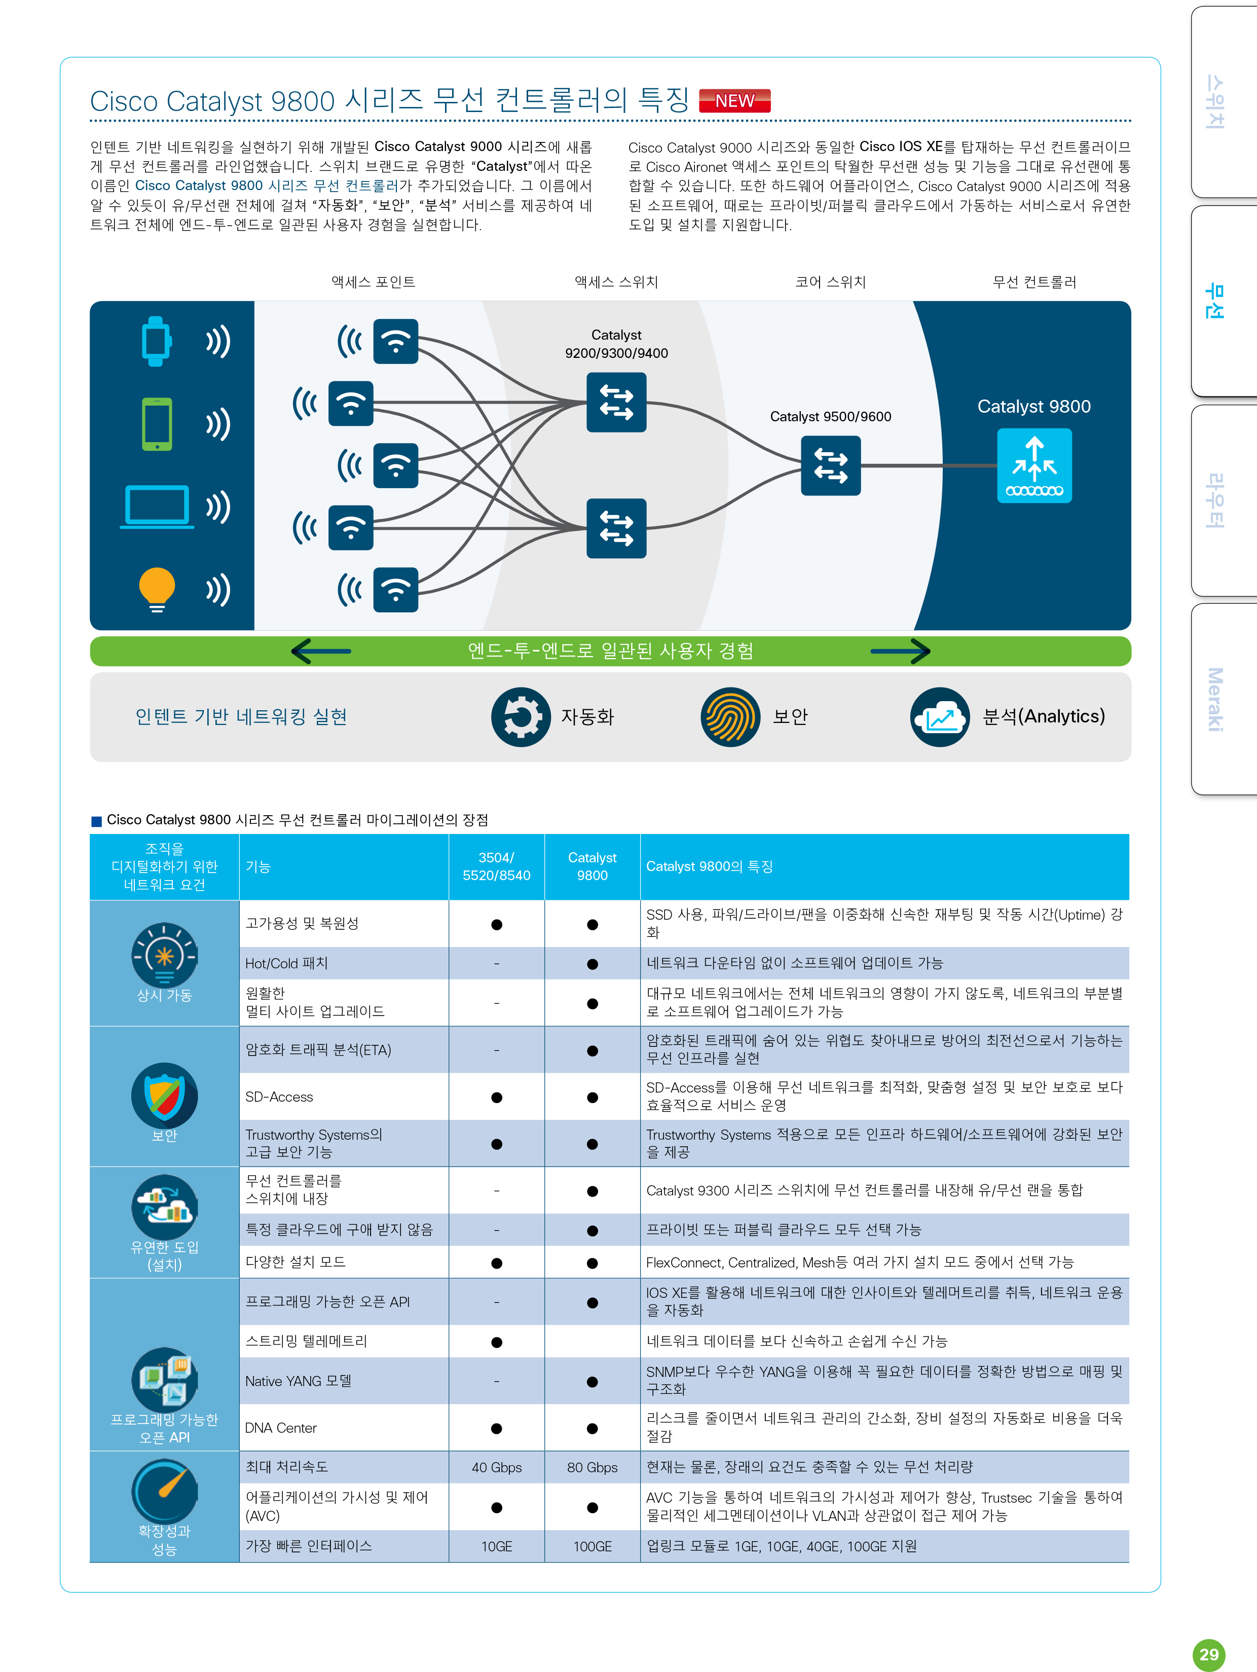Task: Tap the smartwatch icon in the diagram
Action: click(x=157, y=341)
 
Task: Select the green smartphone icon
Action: click(x=157, y=424)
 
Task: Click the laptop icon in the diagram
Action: click(x=157, y=506)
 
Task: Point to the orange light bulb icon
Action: click(x=157, y=589)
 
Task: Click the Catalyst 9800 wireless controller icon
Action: click(x=1034, y=465)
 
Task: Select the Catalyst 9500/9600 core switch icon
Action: click(x=831, y=465)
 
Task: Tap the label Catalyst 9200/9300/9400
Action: click(x=616, y=344)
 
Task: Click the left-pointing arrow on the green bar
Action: click(x=321, y=651)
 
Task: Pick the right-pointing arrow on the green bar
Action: click(x=900, y=651)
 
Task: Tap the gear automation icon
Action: click(x=521, y=716)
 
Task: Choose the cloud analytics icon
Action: click(x=940, y=716)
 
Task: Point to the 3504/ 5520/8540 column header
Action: click(x=497, y=866)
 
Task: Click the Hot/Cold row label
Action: click(x=286, y=963)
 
